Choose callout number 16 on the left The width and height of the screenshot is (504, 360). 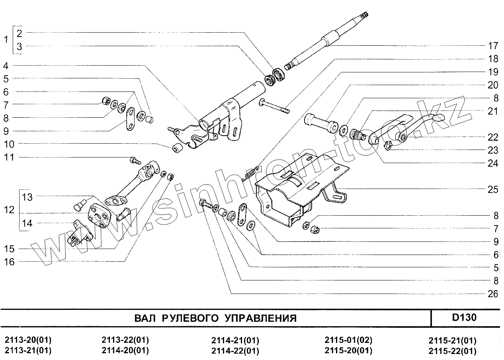[10, 262]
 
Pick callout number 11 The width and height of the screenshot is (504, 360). [10, 158]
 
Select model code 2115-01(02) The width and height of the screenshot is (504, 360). [348, 341]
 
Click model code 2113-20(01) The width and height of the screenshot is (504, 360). [28, 341]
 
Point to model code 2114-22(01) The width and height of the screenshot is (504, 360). [235, 351]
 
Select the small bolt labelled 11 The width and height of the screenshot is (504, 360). [135, 161]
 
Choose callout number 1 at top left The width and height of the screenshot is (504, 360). [6, 40]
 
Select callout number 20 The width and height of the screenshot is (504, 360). [492, 85]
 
